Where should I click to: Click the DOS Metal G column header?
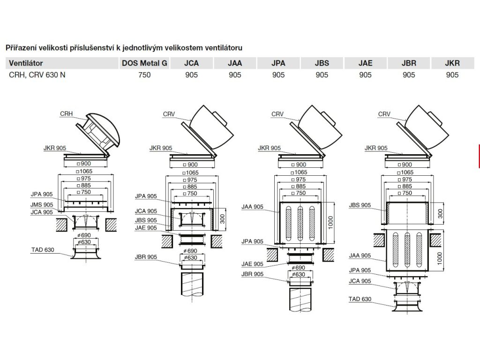(145, 63)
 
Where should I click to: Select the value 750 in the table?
(145, 75)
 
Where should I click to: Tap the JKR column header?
(452, 63)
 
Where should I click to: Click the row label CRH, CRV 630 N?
(37, 75)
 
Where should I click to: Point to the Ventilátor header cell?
(26, 63)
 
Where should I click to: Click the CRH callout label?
(67, 114)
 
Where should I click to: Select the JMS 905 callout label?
(42, 205)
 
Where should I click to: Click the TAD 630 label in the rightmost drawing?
(360, 299)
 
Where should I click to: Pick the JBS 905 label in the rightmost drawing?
(360, 205)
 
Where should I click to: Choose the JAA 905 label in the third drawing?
(252, 206)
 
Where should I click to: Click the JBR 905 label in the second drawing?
(146, 257)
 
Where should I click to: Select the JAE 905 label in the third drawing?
(252, 264)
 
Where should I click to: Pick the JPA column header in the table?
(279, 63)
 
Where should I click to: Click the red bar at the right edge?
(478, 156)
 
